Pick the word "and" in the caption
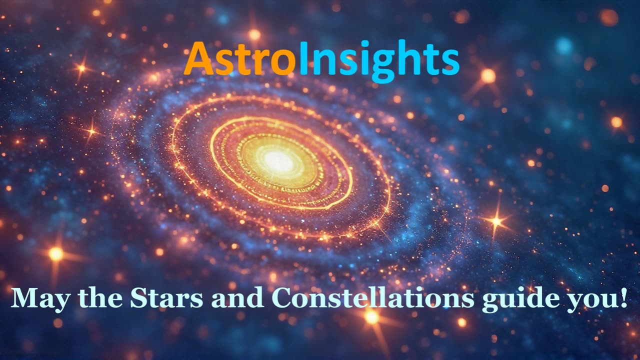[238, 298]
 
